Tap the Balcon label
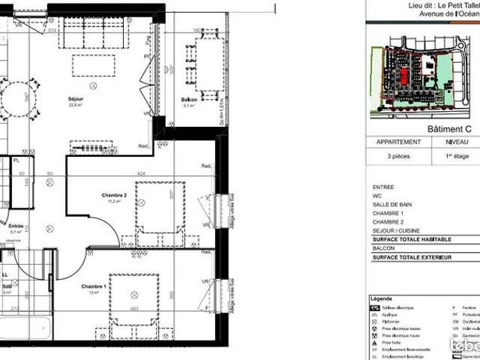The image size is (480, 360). tap(189, 100)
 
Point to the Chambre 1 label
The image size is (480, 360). tap(94, 286)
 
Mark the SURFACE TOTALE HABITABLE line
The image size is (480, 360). tap(412, 238)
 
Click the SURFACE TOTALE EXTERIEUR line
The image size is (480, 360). tap(412, 257)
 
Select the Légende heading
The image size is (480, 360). tap(382, 298)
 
